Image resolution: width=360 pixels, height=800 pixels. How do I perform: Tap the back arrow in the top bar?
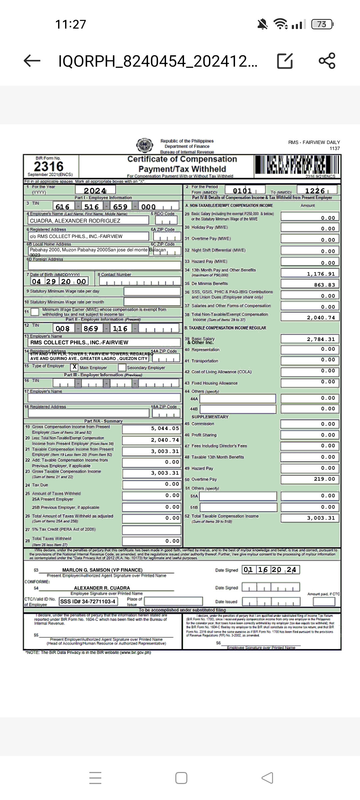pos(32,61)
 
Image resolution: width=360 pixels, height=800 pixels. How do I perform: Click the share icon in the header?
pos(327,61)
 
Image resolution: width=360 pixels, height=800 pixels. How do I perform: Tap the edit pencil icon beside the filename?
pos(285,61)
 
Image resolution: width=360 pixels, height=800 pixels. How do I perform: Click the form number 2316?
pos(49,166)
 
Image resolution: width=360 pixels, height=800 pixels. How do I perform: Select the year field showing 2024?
pos(95,191)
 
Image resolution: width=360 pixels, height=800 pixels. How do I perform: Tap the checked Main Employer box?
pos(74,367)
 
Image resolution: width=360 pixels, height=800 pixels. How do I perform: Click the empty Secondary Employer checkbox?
pos(122,367)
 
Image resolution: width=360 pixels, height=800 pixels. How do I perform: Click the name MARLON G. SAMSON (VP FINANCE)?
pos(102,570)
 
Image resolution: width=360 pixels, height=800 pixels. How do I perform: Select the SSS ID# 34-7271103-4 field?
pos(88,601)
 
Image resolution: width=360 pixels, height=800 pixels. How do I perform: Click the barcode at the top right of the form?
pos(297,165)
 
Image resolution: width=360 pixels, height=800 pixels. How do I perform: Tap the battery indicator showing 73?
pos(322,24)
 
